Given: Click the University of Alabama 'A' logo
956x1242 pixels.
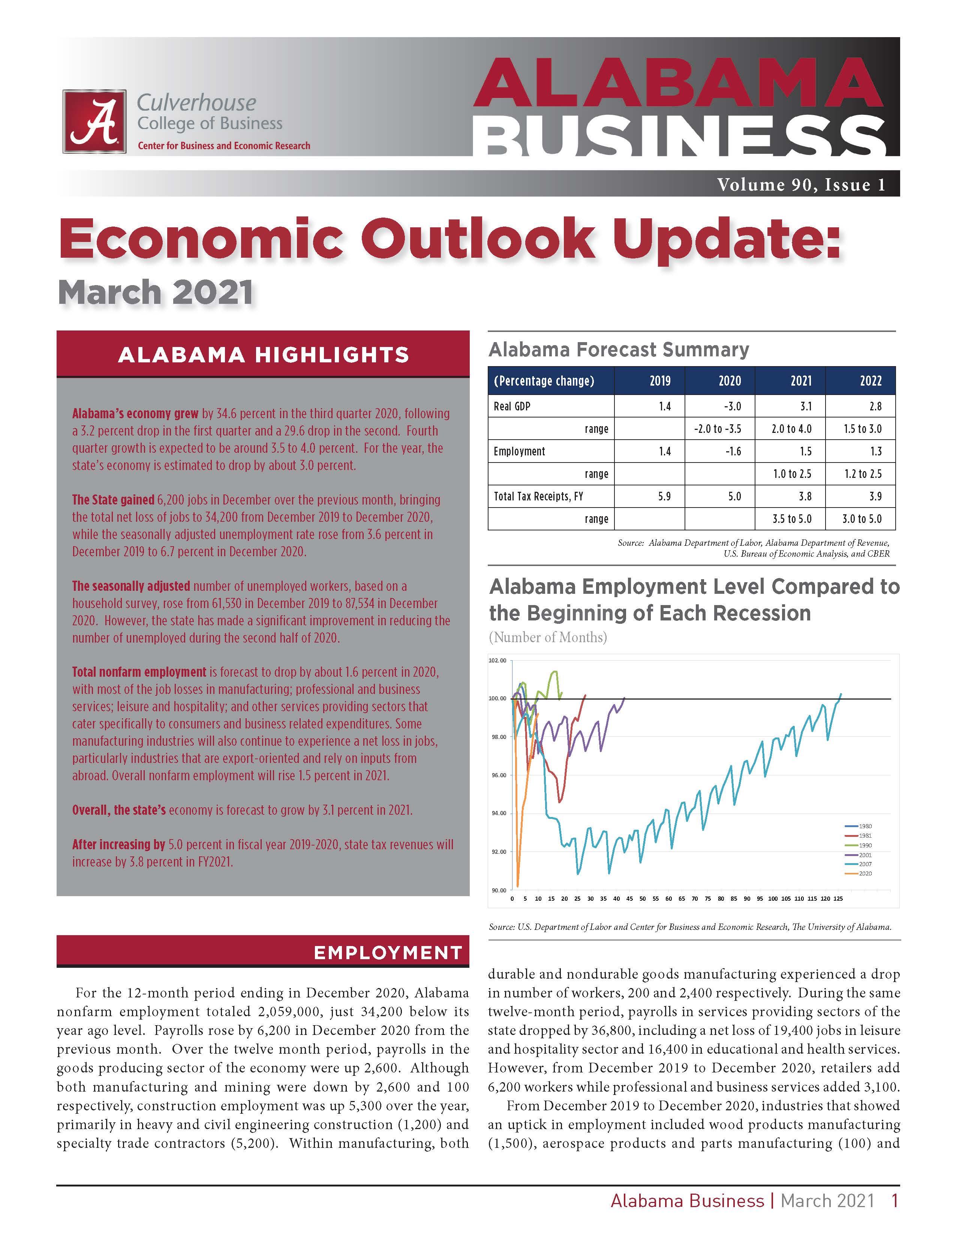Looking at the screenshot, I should click(94, 121).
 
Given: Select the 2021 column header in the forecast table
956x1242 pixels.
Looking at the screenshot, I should click(801, 381).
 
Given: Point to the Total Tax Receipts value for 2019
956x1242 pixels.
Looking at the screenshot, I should click(664, 496).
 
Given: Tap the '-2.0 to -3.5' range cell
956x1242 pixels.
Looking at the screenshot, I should click(717, 429).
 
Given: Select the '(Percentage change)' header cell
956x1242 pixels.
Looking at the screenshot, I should click(544, 381).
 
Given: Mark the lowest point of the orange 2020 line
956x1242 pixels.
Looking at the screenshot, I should click(518, 885).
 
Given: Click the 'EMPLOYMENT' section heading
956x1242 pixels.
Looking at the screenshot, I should click(388, 953).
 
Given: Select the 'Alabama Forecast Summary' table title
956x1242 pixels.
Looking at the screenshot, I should click(618, 349).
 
